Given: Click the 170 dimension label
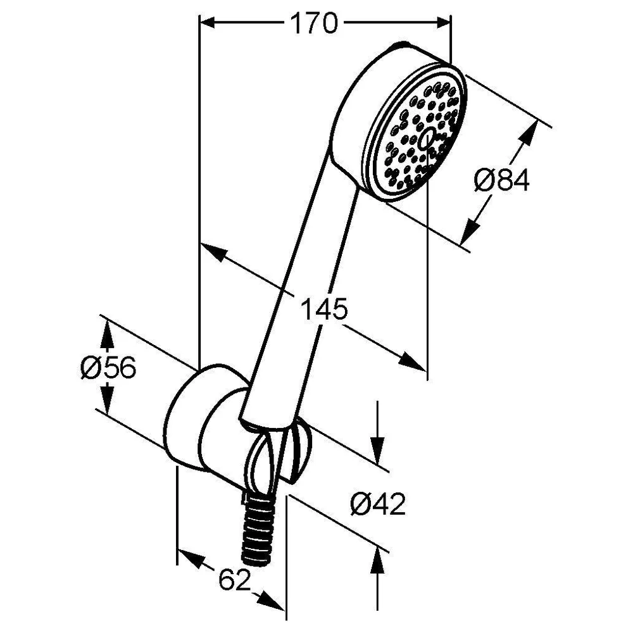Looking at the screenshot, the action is (314, 23).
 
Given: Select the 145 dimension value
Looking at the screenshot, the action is (323, 310).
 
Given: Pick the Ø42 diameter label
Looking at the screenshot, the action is (378, 505).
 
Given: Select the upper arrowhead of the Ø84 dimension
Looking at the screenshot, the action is (529, 132).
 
